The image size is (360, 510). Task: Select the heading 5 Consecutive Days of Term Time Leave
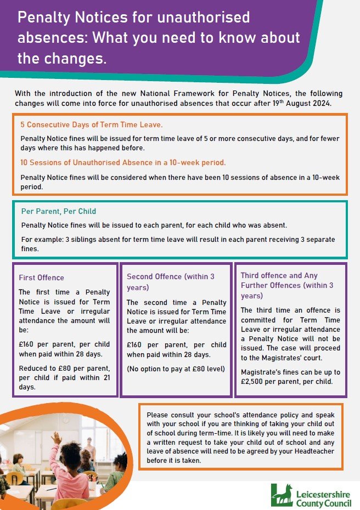point(92,125)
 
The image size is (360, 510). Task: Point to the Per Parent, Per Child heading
point(59,211)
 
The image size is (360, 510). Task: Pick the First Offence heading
point(41,277)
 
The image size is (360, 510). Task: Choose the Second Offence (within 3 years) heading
point(170,281)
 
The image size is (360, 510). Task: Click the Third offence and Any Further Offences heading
point(287,285)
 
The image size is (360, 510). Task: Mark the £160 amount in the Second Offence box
point(136,344)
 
